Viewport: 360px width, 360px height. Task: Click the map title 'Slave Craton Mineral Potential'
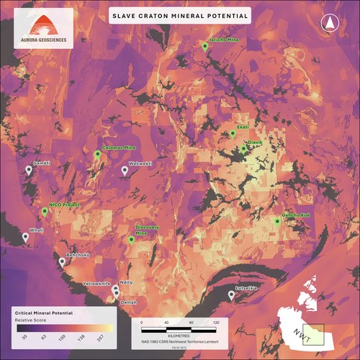(179, 15)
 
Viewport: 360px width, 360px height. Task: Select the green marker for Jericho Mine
(205, 46)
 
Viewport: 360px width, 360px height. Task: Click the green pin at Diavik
(243, 148)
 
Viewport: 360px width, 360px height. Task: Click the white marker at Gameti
(29, 170)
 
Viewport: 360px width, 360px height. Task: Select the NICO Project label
(63, 204)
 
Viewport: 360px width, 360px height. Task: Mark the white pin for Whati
(26, 237)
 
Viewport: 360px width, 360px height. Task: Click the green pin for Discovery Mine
(131, 240)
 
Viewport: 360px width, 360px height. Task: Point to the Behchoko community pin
(62, 261)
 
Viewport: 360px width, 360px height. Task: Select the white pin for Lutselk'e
(231, 294)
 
